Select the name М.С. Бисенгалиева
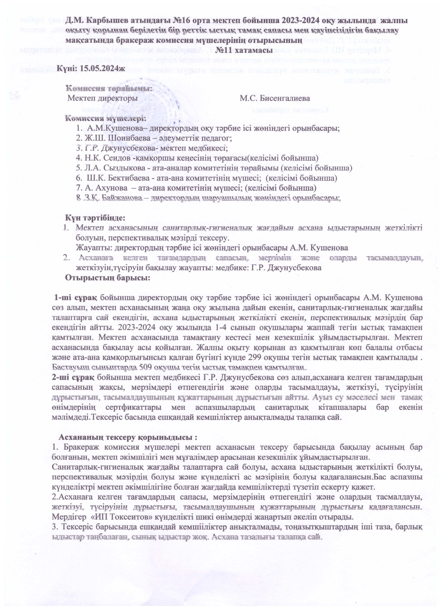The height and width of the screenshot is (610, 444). coord(275,98)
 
